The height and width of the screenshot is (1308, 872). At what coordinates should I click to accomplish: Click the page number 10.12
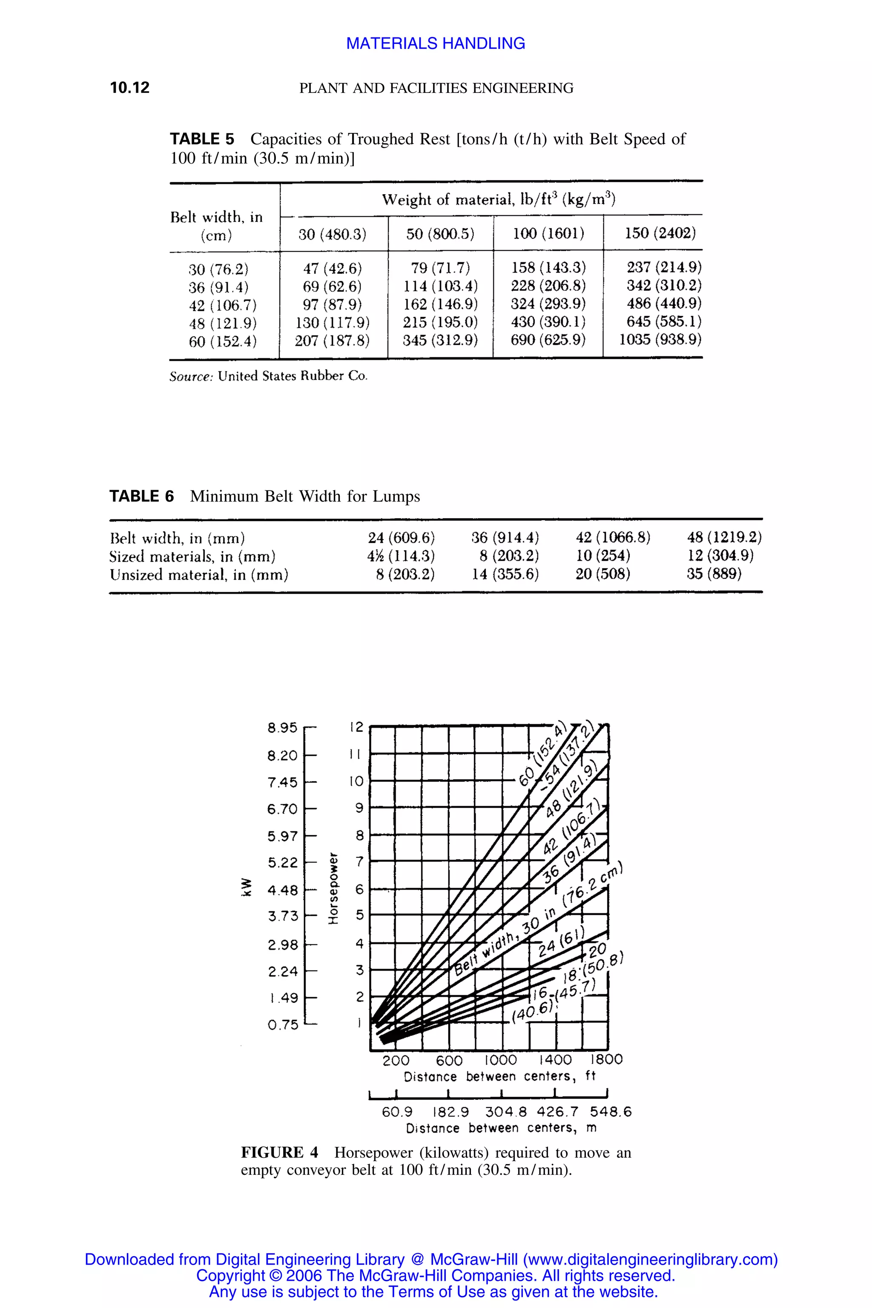click(129, 88)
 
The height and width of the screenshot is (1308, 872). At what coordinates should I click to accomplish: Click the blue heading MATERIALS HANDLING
click(436, 43)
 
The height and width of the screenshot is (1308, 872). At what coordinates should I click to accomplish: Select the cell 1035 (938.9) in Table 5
click(660, 339)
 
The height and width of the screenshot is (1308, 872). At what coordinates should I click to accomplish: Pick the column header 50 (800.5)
click(440, 234)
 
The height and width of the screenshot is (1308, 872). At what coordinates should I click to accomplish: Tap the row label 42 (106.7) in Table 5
click(222, 305)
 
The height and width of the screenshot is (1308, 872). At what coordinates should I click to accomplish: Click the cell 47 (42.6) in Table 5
click(332, 269)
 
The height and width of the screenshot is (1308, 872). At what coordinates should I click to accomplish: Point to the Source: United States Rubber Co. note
click(268, 376)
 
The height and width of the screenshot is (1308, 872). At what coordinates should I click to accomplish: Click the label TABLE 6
click(141, 496)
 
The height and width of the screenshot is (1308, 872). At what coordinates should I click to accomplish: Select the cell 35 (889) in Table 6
click(714, 574)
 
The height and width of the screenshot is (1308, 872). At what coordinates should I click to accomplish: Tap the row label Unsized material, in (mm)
click(198, 574)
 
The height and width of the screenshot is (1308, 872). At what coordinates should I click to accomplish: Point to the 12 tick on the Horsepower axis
click(356, 727)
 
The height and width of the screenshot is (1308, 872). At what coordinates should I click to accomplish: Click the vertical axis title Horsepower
click(333, 888)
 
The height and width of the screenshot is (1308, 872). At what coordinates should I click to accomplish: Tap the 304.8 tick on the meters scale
click(505, 1112)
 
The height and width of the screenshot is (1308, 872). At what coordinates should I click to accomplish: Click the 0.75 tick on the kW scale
click(283, 1024)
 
